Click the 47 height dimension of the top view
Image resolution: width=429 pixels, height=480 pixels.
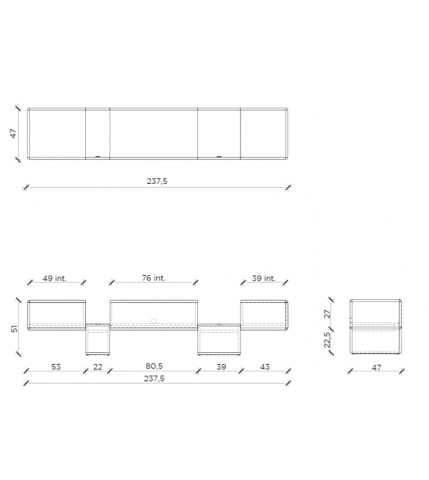click(13, 134)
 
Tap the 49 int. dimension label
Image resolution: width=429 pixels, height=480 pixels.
click(55, 278)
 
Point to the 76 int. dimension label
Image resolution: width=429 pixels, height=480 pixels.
click(153, 278)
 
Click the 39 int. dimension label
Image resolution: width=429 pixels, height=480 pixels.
click(263, 278)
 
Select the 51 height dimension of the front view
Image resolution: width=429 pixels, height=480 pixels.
click(13, 328)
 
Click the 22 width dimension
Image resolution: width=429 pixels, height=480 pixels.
click(98, 367)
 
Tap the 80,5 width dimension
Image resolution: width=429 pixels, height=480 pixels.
click(154, 367)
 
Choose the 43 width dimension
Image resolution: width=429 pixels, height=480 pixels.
click(264, 367)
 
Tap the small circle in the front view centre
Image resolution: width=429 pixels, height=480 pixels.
click(154, 321)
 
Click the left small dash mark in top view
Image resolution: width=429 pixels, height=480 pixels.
click(96, 157)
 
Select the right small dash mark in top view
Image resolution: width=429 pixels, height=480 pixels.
click(219, 157)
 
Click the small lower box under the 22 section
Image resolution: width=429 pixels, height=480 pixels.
click(98, 340)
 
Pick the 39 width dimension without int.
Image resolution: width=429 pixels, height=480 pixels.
click(221, 367)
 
